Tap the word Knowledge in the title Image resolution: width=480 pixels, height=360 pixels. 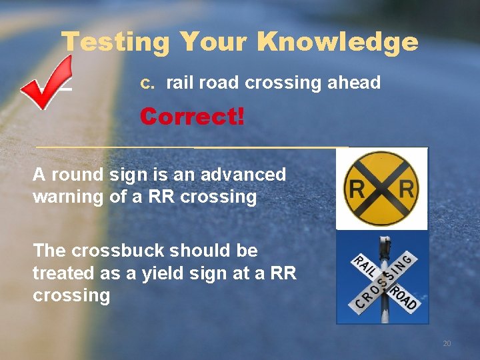[x=337, y=43]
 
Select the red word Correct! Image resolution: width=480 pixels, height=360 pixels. [x=192, y=117]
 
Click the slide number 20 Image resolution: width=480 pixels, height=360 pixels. [x=447, y=343]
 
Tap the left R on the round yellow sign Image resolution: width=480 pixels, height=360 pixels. [x=358, y=190]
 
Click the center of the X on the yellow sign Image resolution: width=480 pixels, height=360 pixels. [x=382, y=189]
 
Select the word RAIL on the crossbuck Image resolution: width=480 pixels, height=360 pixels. [x=363, y=267]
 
